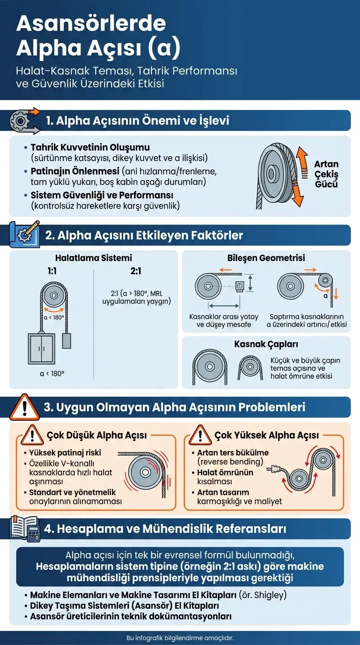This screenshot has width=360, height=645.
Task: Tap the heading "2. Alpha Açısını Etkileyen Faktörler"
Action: (x=144, y=235)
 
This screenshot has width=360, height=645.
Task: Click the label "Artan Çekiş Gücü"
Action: (x=326, y=174)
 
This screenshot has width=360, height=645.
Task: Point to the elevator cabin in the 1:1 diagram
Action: (x=41, y=347)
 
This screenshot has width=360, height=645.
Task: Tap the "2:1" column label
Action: (x=136, y=271)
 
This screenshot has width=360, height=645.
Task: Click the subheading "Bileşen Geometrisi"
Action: (x=266, y=258)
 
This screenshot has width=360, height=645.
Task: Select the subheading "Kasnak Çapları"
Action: (x=266, y=344)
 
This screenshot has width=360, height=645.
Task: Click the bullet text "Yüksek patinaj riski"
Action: (x=65, y=453)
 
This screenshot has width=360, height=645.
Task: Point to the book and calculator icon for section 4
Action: (x=23, y=529)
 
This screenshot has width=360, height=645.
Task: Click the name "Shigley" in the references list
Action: (x=269, y=595)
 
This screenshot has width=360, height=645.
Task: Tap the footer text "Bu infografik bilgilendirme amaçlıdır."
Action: (x=180, y=638)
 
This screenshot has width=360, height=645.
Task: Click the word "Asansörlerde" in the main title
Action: (x=91, y=23)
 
